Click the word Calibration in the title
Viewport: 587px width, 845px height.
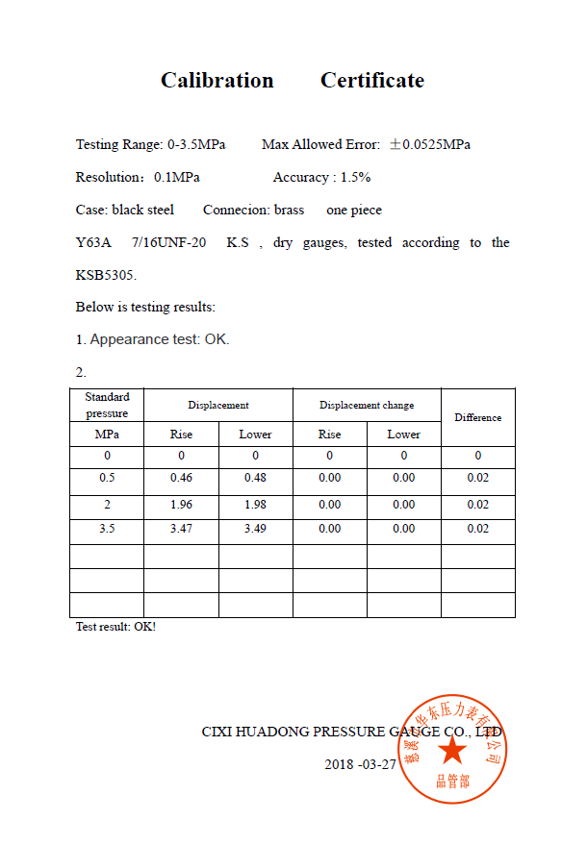tap(217, 81)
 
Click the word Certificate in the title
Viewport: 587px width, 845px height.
tap(372, 81)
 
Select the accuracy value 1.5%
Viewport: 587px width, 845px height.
tap(355, 178)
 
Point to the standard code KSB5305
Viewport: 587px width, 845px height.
tap(106, 275)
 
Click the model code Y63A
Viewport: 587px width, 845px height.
tap(93, 243)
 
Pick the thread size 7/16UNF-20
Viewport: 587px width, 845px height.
tap(168, 243)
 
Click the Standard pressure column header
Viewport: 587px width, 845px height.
tap(107, 405)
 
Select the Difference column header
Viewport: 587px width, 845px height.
tap(478, 417)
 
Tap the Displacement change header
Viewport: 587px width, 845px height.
tap(367, 405)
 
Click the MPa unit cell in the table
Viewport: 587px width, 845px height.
tap(107, 435)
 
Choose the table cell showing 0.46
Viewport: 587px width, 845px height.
tap(181, 478)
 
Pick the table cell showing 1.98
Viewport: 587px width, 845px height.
tap(255, 505)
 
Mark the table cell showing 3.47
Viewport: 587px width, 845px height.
tap(181, 529)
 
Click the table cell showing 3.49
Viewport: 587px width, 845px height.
tap(255, 529)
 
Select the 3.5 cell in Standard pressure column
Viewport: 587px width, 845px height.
tap(107, 529)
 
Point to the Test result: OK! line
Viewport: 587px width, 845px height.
tap(115, 627)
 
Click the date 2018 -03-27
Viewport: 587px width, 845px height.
tap(360, 764)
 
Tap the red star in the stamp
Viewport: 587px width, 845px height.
tap(452, 749)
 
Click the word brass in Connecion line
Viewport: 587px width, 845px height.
tap(289, 211)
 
